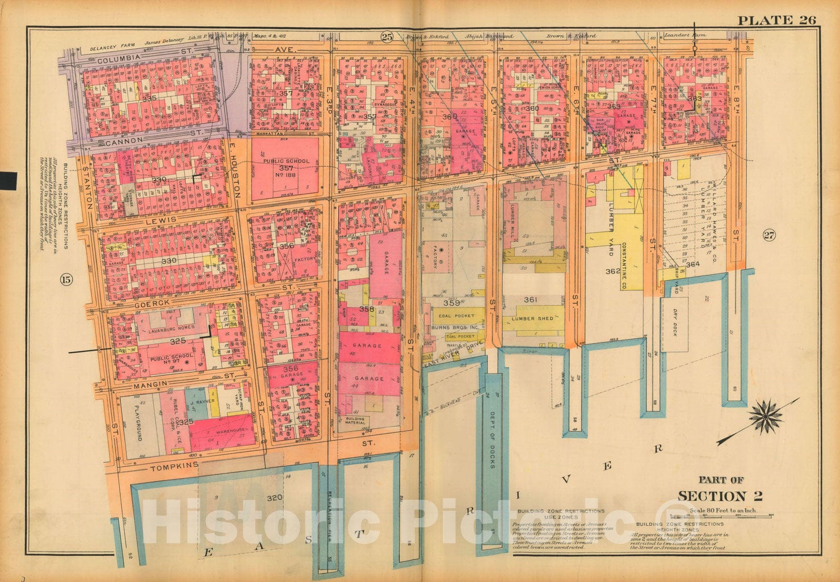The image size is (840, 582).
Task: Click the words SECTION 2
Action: point(720,496)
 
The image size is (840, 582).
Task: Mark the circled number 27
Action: point(769,235)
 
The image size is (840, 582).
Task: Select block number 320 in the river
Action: point(275,498)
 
